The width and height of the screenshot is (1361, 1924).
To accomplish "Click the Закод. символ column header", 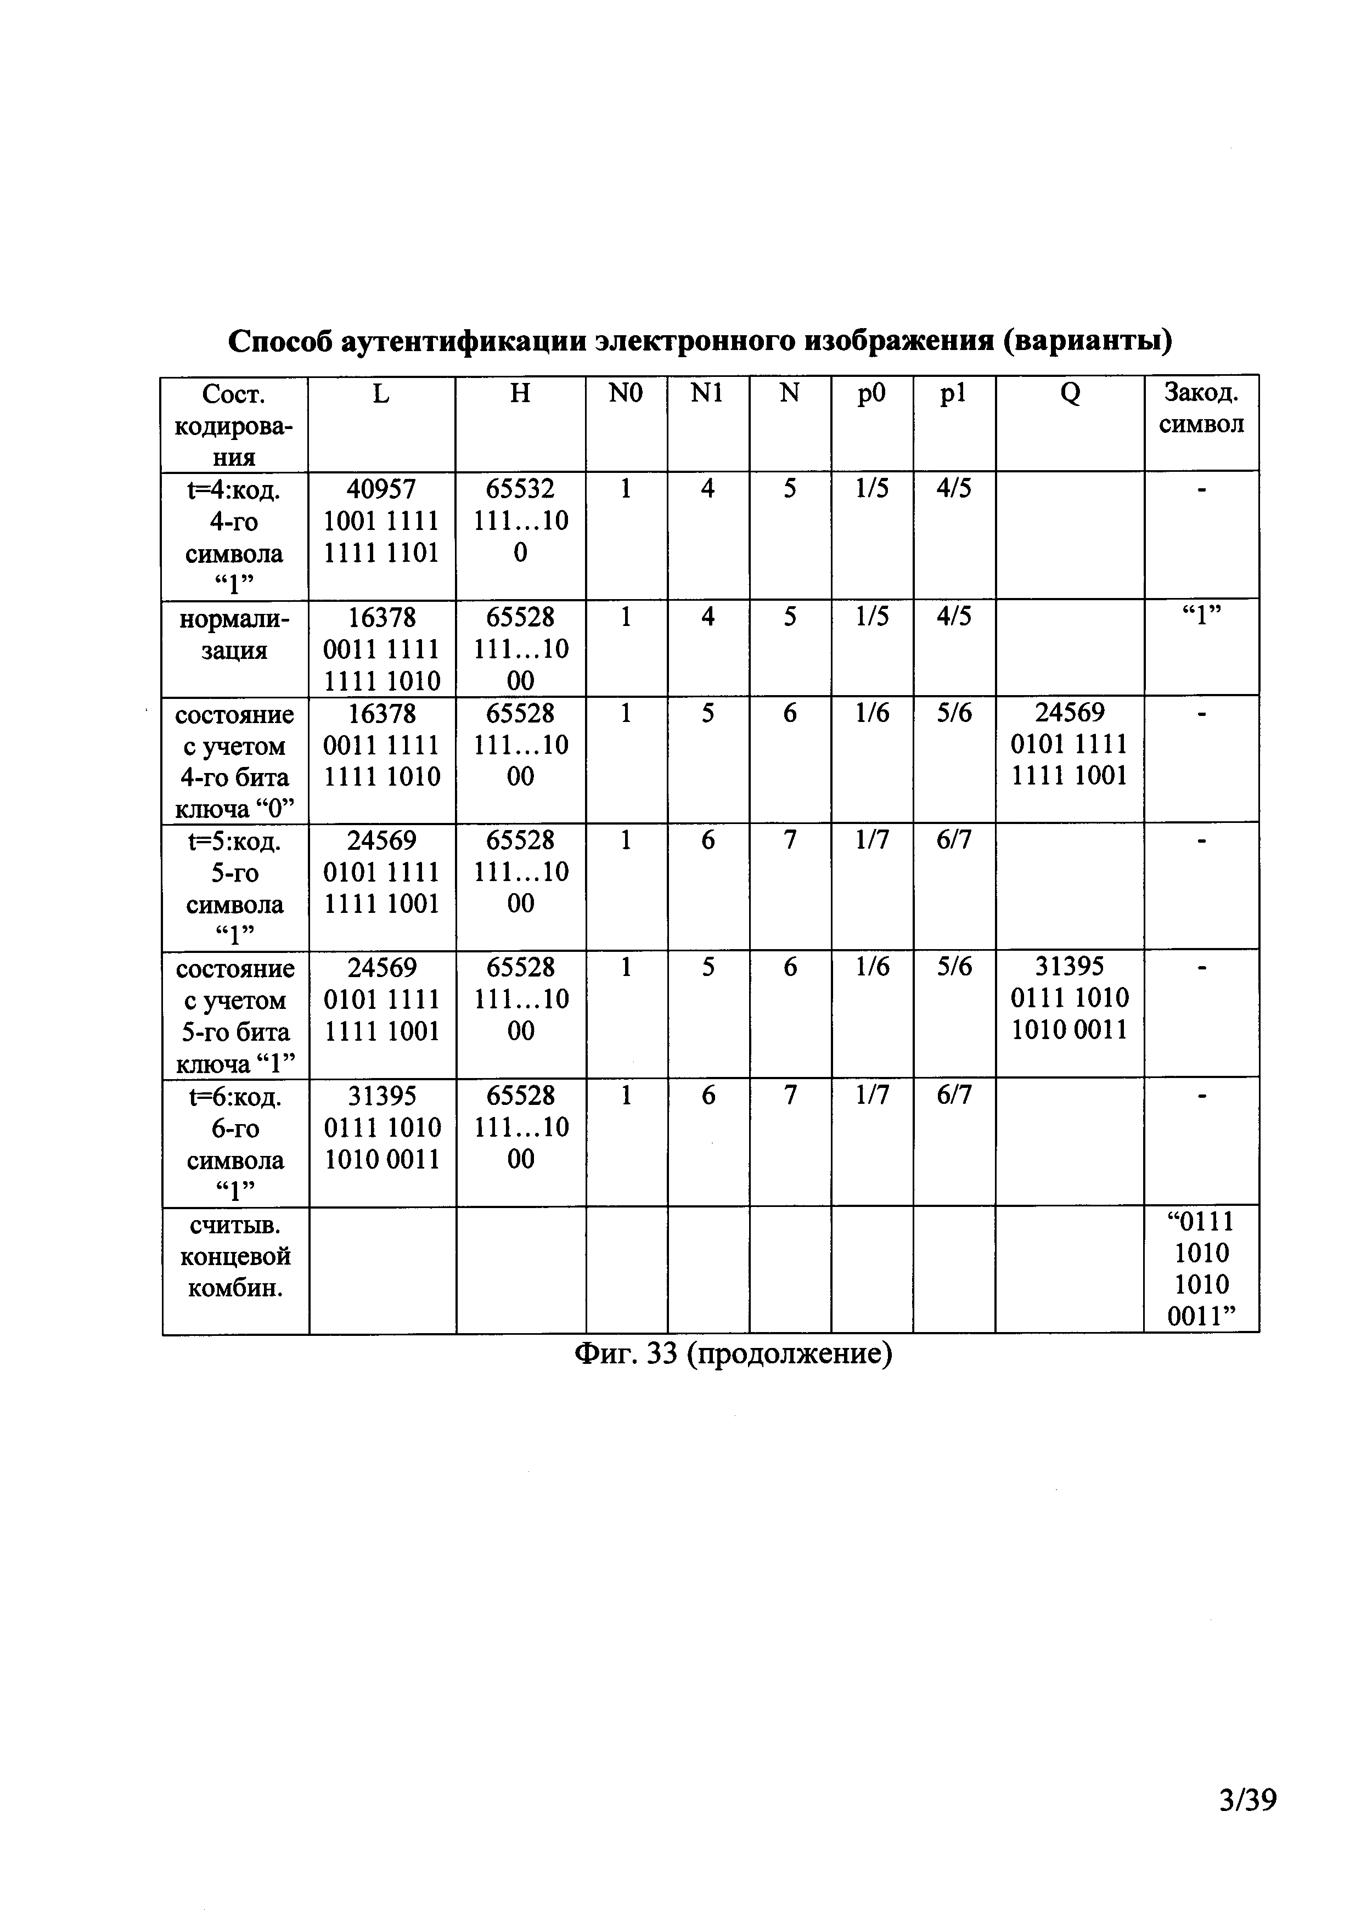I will click(1201, 408).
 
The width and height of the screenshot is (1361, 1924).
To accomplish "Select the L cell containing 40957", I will click(381, 521).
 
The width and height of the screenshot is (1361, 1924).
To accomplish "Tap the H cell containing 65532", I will click(520, 521).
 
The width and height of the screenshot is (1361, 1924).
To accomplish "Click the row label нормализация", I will click(235, 634).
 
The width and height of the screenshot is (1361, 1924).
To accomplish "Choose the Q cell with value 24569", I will click(1070, 744).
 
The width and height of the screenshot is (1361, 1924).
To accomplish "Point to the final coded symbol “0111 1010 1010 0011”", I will click(1201, 1269).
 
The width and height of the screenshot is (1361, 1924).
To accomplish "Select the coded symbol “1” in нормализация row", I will click(1201, 618).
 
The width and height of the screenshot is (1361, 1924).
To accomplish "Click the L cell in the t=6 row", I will click(382, 1127).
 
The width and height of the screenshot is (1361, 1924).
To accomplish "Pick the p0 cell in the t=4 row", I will click(871, 488).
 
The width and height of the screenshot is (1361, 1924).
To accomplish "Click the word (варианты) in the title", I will click(1088, 341).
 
